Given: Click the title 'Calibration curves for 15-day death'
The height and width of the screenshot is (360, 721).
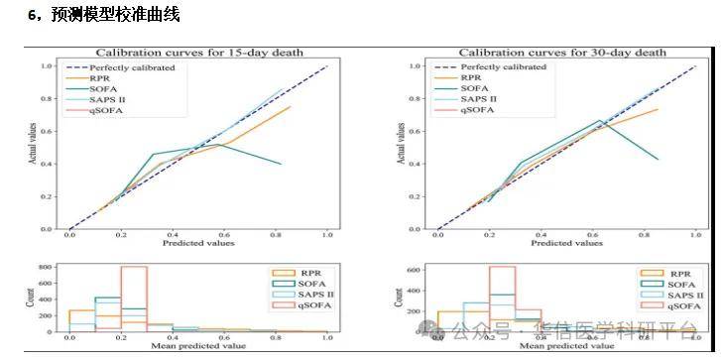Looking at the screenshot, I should [x=197, y=53].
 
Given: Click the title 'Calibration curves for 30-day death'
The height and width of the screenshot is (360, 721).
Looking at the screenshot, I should [x=561, y=53].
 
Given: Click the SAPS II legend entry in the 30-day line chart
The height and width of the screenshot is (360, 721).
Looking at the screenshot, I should [x=478, y=99].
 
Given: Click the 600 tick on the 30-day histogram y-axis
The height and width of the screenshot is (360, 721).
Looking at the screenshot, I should [x=417, y=268].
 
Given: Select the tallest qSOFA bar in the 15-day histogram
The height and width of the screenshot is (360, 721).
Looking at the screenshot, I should [x=133, y=299].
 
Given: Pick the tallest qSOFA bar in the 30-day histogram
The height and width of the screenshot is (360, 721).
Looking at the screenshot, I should [x=502, y=299].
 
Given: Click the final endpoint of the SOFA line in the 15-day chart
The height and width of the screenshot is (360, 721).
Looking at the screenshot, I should [x=282, y=164].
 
